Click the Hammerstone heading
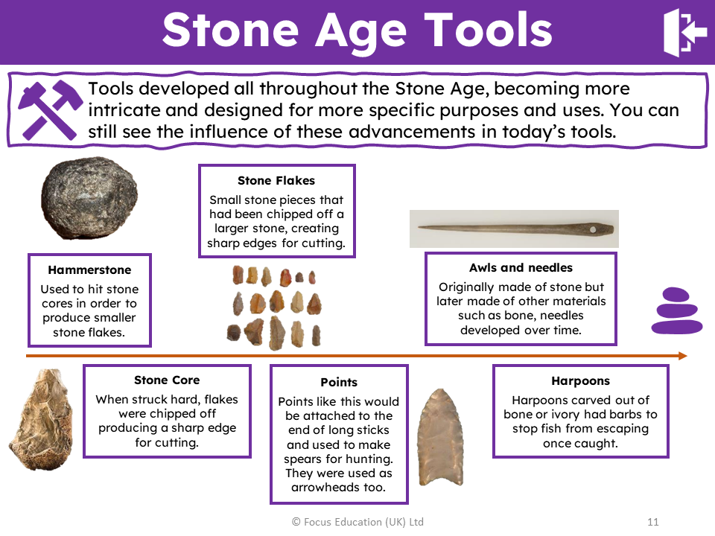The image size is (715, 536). click(x=89, y=269)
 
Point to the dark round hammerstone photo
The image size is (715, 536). click(x=89, y=198)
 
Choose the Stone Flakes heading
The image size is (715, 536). click(x=276, y=180)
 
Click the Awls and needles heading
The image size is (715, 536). click(x=521, y=267)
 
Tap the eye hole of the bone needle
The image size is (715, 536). click(x=593, y=230)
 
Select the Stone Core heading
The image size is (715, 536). click(x=167, y=380)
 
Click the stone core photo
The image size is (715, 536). click(x=41, y=419)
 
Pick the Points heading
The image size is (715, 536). click(x=339, y=383)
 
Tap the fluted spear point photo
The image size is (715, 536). click(x=441, y=437)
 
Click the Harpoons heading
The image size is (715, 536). click(x=580, y=381)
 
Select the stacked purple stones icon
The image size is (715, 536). click(x=677, y=311)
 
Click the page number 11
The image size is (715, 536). click(x=653, y=522)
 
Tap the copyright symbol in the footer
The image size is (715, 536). click(x=296, y=522)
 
